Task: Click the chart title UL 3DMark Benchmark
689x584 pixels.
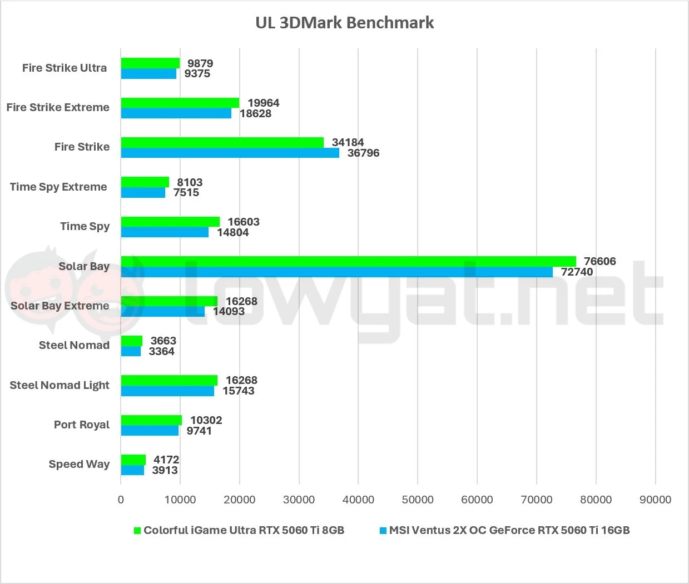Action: pyautogui.click(x=344, y=23)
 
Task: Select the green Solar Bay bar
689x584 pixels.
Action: pyautogui.click(x=348, y=262)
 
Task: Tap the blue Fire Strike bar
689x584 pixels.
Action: pyautogui.click(x=230, y=153)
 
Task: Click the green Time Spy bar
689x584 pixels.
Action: pyautogui.click(x=170, y=222)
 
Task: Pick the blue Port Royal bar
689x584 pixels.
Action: pyautogui.click(x=150, y=431)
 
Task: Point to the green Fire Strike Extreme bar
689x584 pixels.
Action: pyautogui.click(x=180, y=103)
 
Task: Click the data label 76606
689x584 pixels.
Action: pyautogui.click(x=599, y=261)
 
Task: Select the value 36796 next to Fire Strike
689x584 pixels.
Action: pyautogui.click(x=363, y=153)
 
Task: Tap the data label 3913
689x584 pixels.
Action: pyautogui.click(x=165, y=470)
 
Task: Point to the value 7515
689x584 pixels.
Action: pyautogui.click(x=186, y=192)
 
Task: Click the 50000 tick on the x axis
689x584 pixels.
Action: pyautogui.click(x=417, y=500)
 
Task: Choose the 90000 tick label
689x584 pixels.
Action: pyautogui.click(x=655, y=500)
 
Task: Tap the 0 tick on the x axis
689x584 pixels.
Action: pyautogui.click(x=121, y=500)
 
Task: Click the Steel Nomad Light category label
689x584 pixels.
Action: pyautogui.click(x=60, y=385)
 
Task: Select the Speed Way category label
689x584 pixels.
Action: pyautogui.click(x=79, y=464)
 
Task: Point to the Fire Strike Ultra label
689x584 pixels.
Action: pyautogui.click(x=65, y=68)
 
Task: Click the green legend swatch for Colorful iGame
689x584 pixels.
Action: pyautogui.click(x=137, y=530)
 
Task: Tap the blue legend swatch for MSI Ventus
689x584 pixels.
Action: pyautogui.click(x=383, y=530)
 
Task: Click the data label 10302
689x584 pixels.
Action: pyautogui.click(x=206, y=420)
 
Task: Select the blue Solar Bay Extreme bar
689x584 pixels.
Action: pyautogui.click(x=163, y=312)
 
